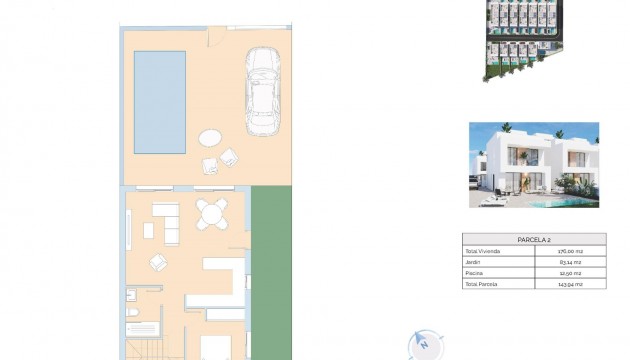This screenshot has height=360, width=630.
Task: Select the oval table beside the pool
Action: (212, 138)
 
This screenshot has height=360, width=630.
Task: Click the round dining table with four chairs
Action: (211, 213)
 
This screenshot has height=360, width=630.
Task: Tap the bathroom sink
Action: (130, 295)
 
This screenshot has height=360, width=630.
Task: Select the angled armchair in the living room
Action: (159, 262)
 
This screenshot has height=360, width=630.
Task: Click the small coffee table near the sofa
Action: (149, 231)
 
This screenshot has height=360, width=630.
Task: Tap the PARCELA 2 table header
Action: (534, 240)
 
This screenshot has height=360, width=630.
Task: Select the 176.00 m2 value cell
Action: (570, 251)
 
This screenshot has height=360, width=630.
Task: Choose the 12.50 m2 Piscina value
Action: (570, 273)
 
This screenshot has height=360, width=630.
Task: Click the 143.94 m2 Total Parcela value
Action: (570, 285)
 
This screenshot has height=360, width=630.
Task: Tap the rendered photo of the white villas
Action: (533, 165)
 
